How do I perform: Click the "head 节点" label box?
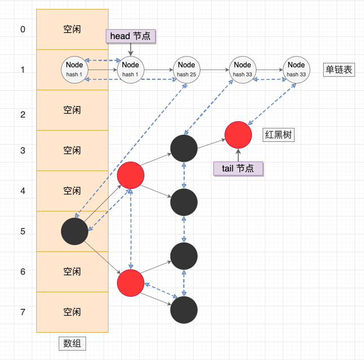[130, 36]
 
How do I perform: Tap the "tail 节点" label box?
[238, 168]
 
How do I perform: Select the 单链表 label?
[339, 70]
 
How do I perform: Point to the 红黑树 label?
[278, 135]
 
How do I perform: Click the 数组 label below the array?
[72, 343]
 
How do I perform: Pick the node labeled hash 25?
[186, 70]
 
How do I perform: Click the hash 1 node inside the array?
[74, 70]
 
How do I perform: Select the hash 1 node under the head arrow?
[130, 70]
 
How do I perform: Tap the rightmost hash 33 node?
[296, 70]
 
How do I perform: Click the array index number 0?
[23, 30]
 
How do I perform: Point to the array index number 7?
[23, 312]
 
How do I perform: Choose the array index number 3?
[23, 151]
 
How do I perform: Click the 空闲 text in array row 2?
[72, 110]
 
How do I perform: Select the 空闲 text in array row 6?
[72, 272]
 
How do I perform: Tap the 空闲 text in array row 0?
[72, 29]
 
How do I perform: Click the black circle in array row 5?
[74, 232]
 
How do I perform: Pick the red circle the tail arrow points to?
[238, 135]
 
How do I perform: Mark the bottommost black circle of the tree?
[184, 310]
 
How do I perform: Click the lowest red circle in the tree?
[130, 283]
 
